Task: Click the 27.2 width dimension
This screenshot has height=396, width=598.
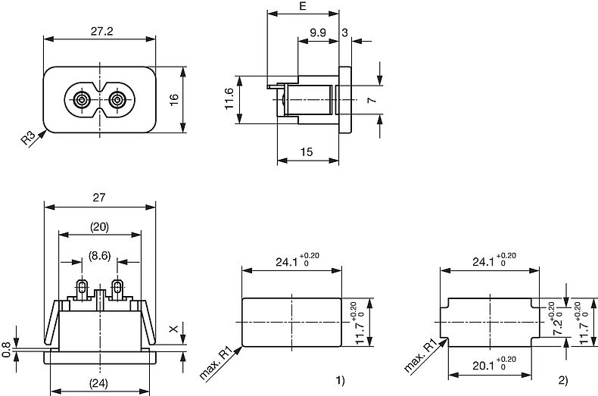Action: (x=98, y=32)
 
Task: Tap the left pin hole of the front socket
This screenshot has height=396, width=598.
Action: (x=81, y=100)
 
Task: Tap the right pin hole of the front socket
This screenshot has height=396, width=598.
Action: (x=118, y=100)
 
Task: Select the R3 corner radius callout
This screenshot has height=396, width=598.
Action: (x=29, y=139)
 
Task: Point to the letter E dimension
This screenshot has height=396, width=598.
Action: (x=303, y=7)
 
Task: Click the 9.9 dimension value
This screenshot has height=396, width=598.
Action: (x=318, y=32)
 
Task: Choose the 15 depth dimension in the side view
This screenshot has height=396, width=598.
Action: (x=307, y=152)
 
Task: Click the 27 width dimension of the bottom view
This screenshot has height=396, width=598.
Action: (x=98, y=197)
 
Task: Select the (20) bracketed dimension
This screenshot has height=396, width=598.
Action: (x=99, y=226)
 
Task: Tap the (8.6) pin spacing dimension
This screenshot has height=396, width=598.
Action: (x=99, y=256)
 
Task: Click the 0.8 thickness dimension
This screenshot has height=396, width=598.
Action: (x=7, y=349)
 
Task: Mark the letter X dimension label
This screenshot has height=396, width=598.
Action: (x=173, y=329)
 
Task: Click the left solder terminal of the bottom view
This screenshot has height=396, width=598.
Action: (x=81, y=288)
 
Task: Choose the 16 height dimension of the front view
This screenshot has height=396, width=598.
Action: (x=173, y=100)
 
